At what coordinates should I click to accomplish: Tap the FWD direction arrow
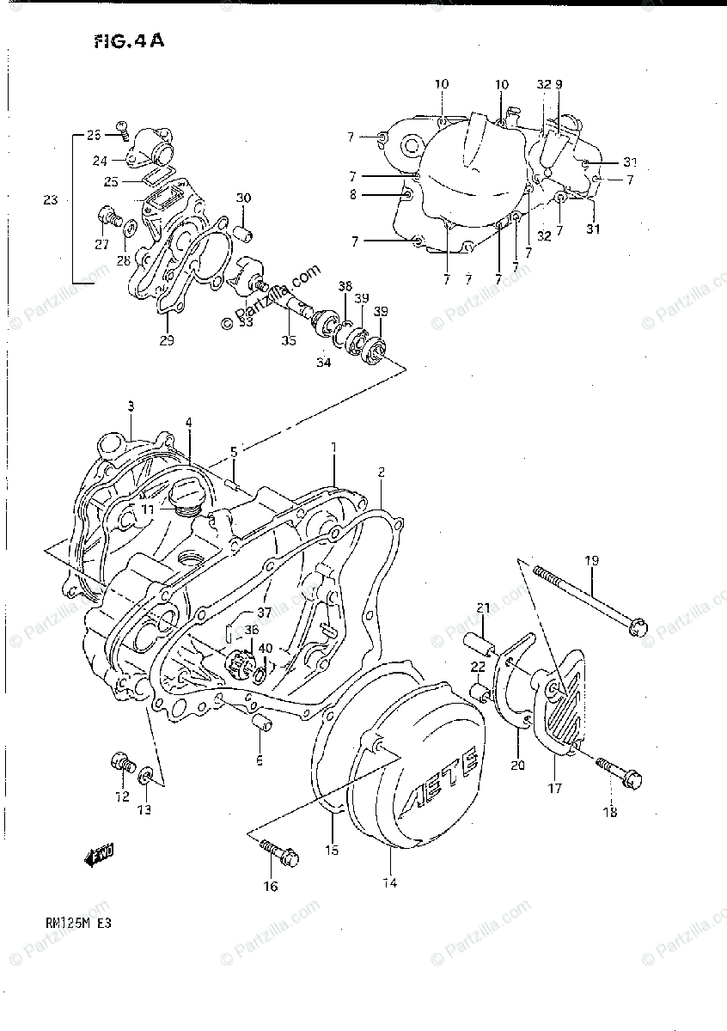point(101,854)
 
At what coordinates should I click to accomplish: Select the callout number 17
point(555,787)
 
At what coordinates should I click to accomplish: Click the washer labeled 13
point(148,777)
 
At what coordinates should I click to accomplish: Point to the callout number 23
point(50,200)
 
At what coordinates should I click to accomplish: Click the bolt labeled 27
point(108,215)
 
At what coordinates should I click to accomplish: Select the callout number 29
point(167,340)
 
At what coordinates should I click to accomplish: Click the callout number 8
point(352,195)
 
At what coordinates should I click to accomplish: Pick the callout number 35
point(288,340)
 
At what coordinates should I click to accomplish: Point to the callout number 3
point(131,406)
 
